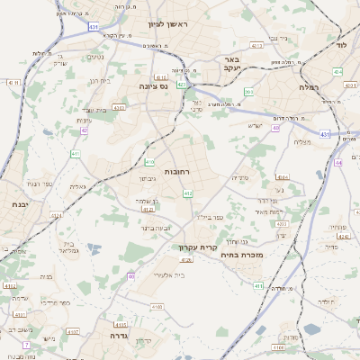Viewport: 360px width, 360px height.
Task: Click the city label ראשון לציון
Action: pos(171,23)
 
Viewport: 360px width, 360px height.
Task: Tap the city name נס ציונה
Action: pos(154,86)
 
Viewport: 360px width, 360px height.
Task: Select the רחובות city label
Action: pos(175,170)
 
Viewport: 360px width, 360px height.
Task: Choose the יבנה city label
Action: pos(16,204)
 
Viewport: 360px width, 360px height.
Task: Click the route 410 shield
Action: pos(148,162)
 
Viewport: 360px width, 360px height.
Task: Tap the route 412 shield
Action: pos(187,193)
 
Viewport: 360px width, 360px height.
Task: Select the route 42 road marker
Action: pos(84,130)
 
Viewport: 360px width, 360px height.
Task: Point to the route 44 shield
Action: pos(338,163)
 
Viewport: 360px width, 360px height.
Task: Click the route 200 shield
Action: pos(247,92)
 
